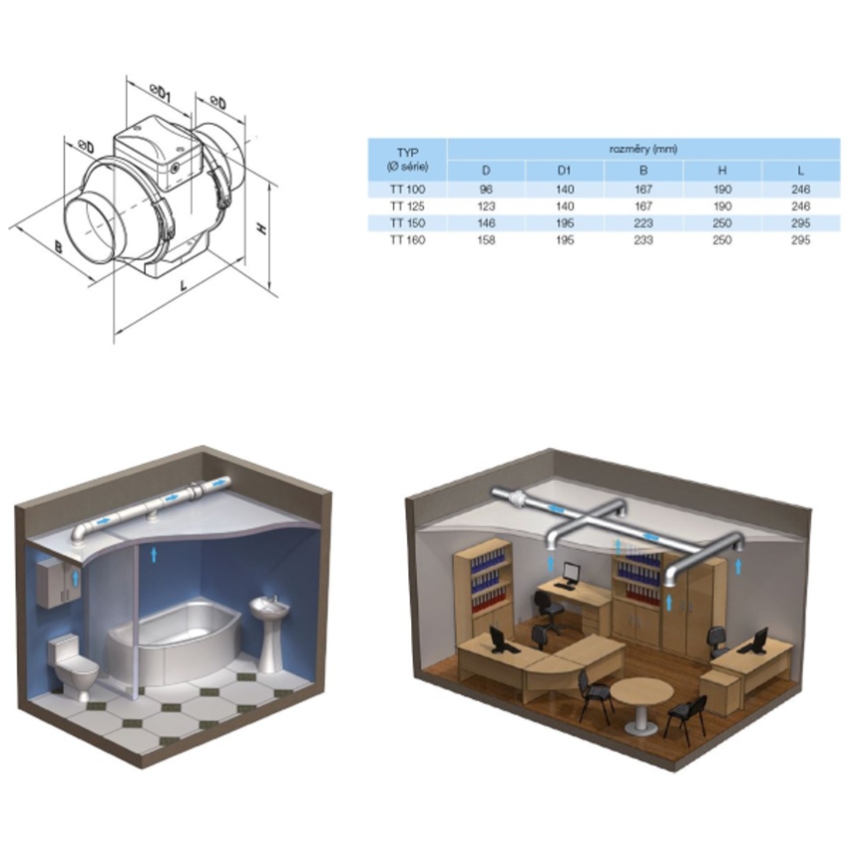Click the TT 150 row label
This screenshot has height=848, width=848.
click(x=407, y=222)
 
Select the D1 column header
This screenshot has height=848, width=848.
click(x=564, y=171)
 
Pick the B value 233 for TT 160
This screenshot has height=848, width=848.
click(x=643, y=239)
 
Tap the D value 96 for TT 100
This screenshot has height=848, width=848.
click(x=486, y=190)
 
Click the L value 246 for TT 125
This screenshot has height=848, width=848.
click(x=800, y=207)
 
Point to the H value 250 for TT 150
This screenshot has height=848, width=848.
click(x=722, y=222)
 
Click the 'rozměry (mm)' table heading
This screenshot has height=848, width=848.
click(x=643, y=149)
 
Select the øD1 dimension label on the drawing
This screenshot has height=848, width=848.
click(x=160, y=93)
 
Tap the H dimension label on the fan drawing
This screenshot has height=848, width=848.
click(x=262, y=228)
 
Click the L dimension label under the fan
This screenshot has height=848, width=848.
click(x=184, y=284)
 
